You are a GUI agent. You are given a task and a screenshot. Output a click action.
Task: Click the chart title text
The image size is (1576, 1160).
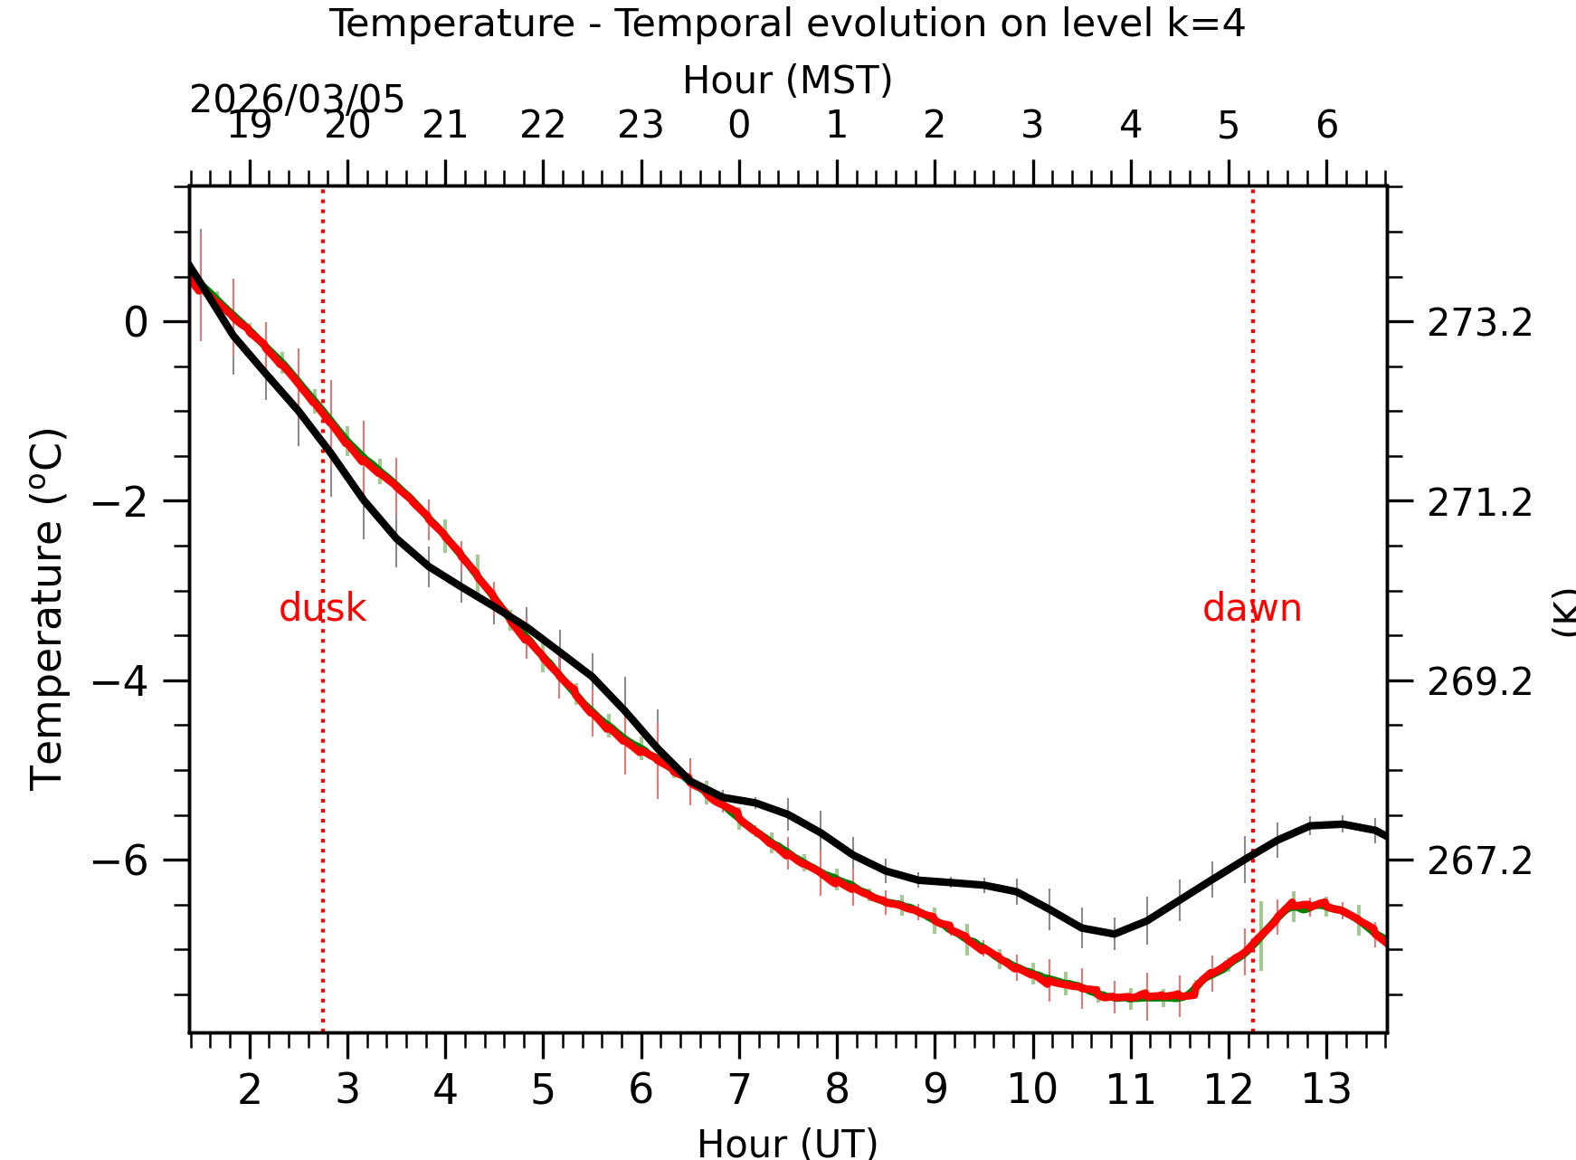coord(786,24)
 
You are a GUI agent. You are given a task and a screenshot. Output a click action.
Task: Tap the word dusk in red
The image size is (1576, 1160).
coord(322,608)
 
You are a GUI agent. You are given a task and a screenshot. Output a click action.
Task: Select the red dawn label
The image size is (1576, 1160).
coord(1252,608)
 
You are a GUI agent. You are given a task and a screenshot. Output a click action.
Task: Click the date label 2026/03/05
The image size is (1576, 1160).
coord(297,100)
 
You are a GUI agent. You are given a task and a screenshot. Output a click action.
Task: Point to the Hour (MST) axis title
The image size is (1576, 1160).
coord(787,80)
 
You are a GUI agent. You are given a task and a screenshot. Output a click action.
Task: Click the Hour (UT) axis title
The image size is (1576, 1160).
coord(787,1143)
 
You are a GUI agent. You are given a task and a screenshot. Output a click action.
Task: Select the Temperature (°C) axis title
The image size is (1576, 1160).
coord(47,610)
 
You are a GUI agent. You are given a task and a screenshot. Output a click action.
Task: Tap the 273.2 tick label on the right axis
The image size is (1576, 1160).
coord(1480,323)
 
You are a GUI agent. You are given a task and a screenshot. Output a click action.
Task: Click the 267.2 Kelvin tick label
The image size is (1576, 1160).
coord(1480,861)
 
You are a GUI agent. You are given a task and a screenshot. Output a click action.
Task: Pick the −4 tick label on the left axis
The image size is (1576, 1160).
coord(121,680)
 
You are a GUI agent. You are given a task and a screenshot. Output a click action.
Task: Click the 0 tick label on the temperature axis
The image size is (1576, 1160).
coord(136,322)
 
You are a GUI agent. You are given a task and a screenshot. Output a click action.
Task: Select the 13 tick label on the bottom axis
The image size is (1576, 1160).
coord(1326,1089)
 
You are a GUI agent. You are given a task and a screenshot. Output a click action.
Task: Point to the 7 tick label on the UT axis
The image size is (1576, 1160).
coord(739,1089)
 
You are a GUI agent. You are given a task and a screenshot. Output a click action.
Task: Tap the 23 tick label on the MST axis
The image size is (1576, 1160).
coord(641,126)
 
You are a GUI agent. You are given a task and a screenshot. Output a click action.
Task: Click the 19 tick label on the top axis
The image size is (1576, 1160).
coord(249,126)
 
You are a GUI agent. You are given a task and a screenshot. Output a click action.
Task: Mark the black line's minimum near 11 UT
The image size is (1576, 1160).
coord(1115,934)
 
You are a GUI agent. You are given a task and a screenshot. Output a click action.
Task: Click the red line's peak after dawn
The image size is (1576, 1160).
coord(1323,903)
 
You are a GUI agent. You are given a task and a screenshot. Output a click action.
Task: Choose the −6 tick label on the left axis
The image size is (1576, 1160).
coord(121,860)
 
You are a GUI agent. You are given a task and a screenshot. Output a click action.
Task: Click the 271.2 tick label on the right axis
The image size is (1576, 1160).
coord(1480,502)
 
